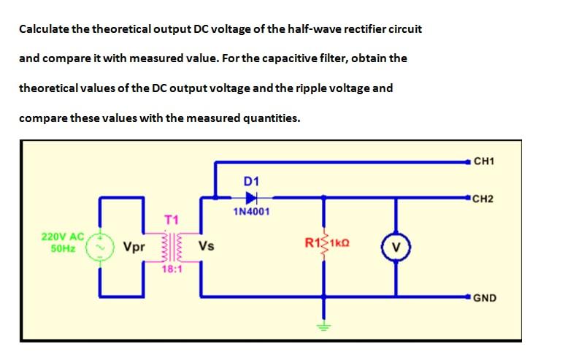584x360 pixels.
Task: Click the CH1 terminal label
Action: coord(484,161)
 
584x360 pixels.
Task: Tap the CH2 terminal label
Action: coord(484,198)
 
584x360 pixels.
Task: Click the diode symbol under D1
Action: coord(252,197)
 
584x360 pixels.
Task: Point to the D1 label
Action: coord(251,180)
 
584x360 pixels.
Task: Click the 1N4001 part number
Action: coord(251,212)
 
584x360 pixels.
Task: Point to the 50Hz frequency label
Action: coord(63,248)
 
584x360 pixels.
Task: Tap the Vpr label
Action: coord(134,247)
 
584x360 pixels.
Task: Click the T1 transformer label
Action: coord(171,219)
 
